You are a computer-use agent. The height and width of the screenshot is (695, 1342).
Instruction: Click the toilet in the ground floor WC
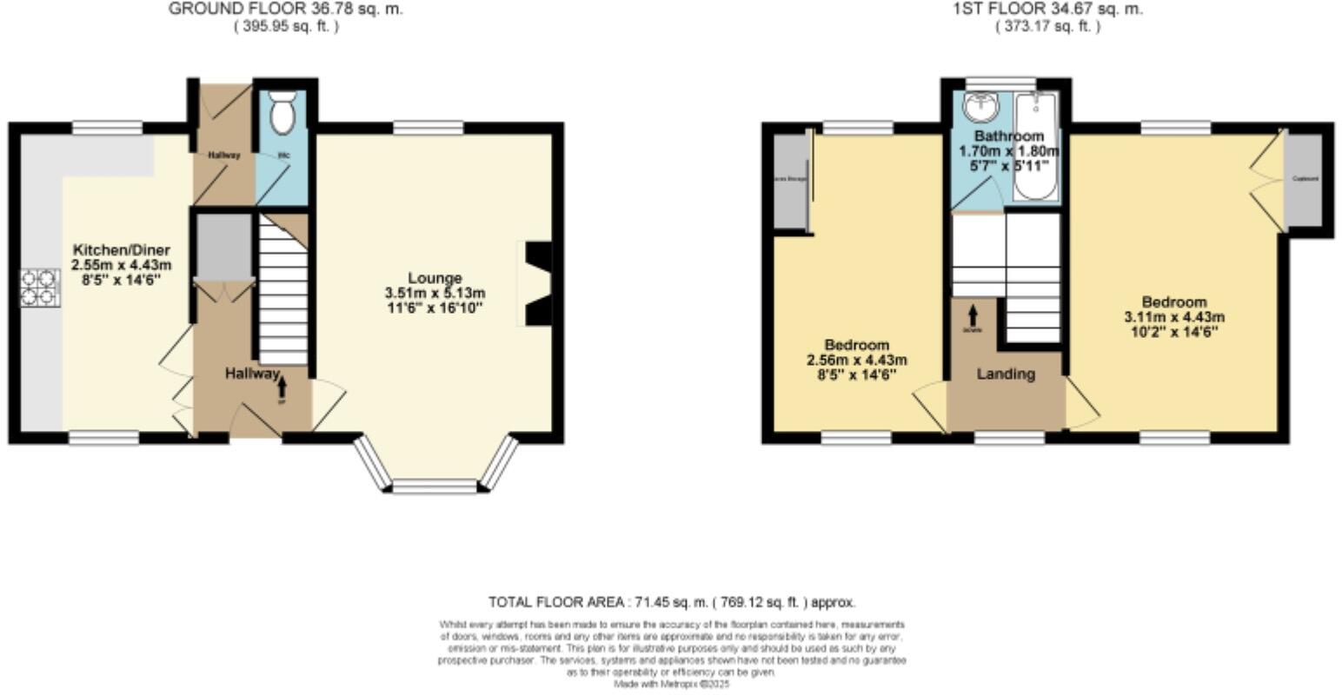(282, 114)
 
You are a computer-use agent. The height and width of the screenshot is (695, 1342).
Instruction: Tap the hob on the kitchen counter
(40, 288)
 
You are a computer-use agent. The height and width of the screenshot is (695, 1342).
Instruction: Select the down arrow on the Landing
(973, 314)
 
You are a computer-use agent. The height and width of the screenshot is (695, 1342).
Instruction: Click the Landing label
(1006, 374)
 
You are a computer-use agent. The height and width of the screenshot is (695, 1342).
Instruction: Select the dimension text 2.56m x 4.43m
(857, 360)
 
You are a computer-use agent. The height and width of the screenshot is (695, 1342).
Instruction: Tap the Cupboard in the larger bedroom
(1304, 179)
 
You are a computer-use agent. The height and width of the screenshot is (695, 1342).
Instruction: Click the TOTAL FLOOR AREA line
(671, 602)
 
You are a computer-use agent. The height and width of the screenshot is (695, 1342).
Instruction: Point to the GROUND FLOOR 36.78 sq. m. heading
(286, 10)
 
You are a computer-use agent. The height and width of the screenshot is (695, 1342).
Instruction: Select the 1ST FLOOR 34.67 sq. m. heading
(1047, 10)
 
